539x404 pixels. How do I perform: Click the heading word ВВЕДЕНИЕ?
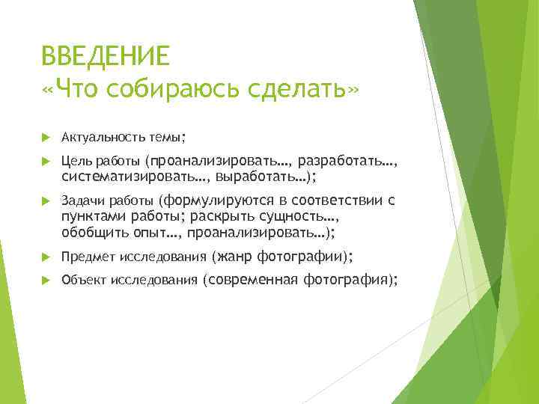[x=106, y=56]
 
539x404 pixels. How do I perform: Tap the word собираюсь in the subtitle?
[x=171, y=89]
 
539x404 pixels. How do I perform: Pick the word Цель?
[x=76, y=160]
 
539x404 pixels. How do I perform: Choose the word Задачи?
[x=82, y=201]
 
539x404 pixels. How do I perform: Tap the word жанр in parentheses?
[x=234, y=257]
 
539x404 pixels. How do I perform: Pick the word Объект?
[x=85, y=281]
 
